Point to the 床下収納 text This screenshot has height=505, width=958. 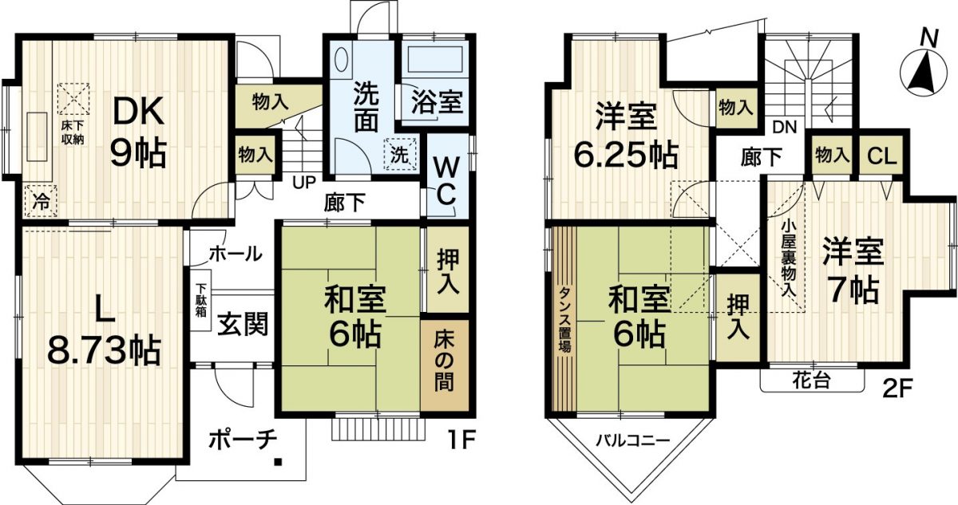click(70, 129)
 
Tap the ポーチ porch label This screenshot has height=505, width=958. click(243, 440)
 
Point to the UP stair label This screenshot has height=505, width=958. click(304, 181)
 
